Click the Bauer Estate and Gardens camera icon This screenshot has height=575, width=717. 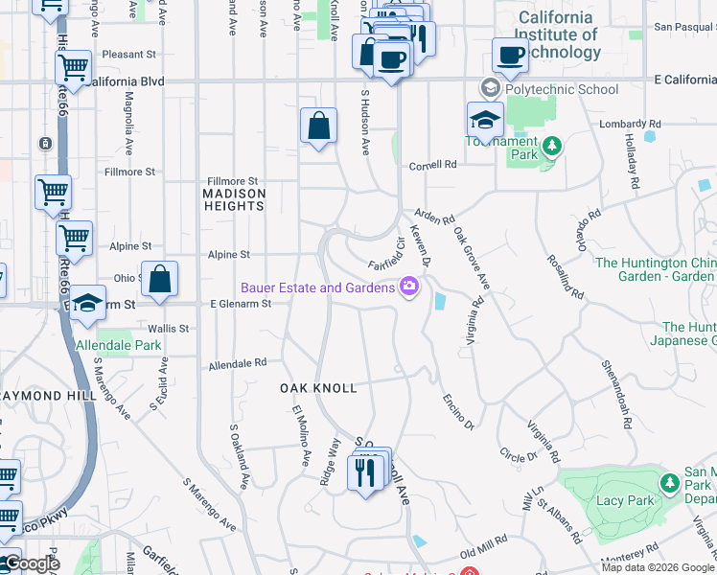(x=409, y=287)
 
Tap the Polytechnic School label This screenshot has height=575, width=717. (x=562, y=89)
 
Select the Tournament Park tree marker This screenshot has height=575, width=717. (x=551, y=147)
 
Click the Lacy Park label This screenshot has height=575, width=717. (x=625, y=501)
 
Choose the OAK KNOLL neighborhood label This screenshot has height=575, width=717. (x=318, y=388)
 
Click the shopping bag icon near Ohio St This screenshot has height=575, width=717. (x=160, y=280)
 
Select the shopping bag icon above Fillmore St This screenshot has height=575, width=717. (x=318, y=126)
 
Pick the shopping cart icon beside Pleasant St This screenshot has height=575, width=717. (x=73, y=68)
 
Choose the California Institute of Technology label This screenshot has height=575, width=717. (x=568, y=34)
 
